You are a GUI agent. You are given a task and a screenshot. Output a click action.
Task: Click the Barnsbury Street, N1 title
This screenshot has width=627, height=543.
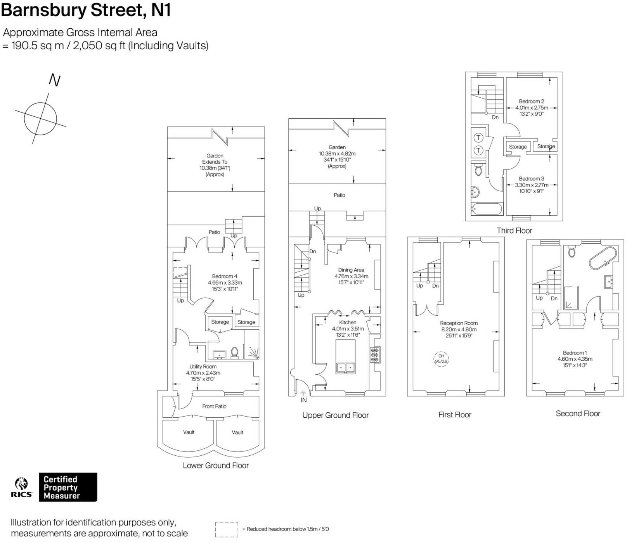86,10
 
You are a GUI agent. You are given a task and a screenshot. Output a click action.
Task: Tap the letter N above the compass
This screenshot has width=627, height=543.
55,80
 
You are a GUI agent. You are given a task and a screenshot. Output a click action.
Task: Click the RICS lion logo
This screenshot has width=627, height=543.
22,485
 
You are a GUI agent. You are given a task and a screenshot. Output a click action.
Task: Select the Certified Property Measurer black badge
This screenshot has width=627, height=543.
68,487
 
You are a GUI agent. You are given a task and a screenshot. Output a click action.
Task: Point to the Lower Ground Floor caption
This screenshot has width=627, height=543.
216,465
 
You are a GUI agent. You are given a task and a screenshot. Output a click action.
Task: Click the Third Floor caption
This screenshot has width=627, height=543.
514,230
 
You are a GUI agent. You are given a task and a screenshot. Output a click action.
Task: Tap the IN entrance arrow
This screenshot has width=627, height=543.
303,394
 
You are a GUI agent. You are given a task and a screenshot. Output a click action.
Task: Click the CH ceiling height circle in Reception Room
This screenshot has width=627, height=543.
441,359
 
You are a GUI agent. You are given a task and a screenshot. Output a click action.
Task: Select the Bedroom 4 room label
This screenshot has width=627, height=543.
225,276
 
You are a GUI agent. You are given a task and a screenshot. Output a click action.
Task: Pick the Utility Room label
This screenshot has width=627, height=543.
203,367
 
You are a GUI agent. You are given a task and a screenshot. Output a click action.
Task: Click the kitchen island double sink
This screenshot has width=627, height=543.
345,367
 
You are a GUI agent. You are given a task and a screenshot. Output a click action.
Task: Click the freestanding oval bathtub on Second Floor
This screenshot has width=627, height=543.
602,258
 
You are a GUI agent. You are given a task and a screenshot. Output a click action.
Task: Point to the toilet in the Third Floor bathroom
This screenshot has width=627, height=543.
478,170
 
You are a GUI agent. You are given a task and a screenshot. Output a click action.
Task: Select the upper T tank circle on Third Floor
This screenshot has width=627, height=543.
478,138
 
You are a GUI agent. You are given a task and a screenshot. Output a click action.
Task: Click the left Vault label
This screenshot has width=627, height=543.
189,432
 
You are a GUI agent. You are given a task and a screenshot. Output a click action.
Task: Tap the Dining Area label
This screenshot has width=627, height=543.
351,270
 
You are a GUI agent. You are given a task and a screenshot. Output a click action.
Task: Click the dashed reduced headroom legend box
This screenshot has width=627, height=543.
227,529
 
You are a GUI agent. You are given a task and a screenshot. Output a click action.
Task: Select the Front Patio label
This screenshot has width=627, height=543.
214,406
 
